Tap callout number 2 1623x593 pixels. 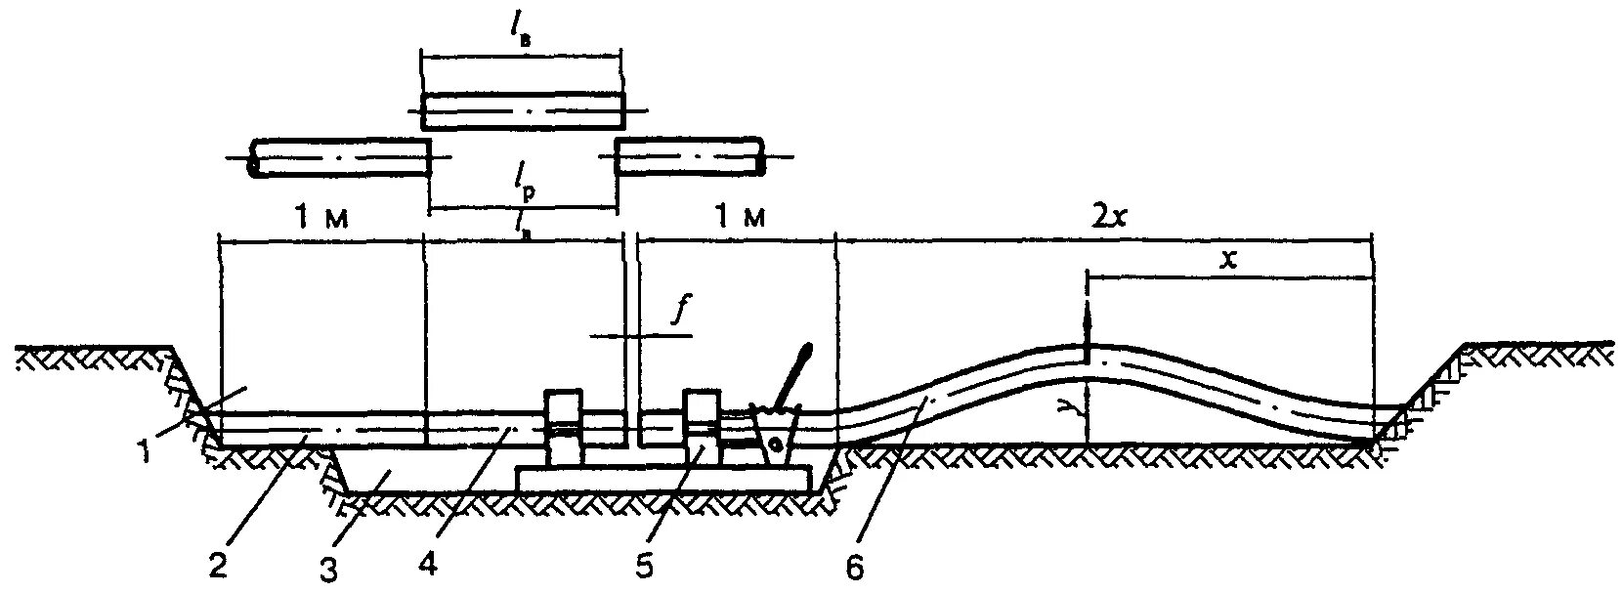tap(219, 566)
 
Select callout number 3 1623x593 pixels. tap(330, 569)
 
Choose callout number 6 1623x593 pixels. tap(855, 568)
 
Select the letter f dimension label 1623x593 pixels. tap(675, 310)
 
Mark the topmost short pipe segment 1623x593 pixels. tap(522, 111)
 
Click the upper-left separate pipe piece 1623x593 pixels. tap(340, 157)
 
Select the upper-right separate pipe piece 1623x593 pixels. tap(690, 157)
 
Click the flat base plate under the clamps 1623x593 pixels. tap(663, 479)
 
